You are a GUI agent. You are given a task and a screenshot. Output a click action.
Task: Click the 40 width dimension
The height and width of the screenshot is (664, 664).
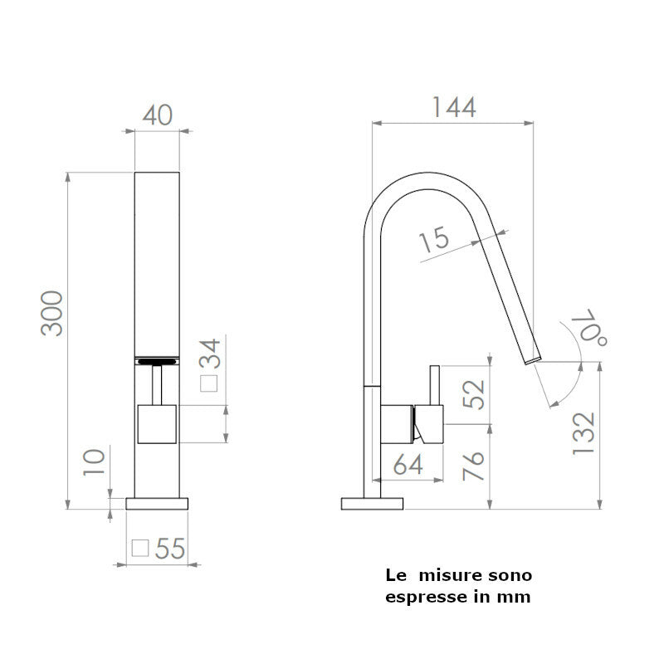(x=158, y=115)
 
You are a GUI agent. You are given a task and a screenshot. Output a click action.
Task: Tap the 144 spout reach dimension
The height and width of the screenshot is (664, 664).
(x=453, y=107)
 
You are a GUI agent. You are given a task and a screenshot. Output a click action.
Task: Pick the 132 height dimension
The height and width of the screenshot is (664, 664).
(x=584, y=432)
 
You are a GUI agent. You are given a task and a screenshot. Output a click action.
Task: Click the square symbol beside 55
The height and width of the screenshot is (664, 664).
(x=140, y=548)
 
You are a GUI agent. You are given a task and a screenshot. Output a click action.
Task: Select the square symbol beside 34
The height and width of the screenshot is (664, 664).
(x=211, y=384)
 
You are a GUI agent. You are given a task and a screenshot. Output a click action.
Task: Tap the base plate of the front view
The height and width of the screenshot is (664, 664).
(x=158, y=503)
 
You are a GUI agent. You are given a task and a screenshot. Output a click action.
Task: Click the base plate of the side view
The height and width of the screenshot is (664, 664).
(x=372, y=503)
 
